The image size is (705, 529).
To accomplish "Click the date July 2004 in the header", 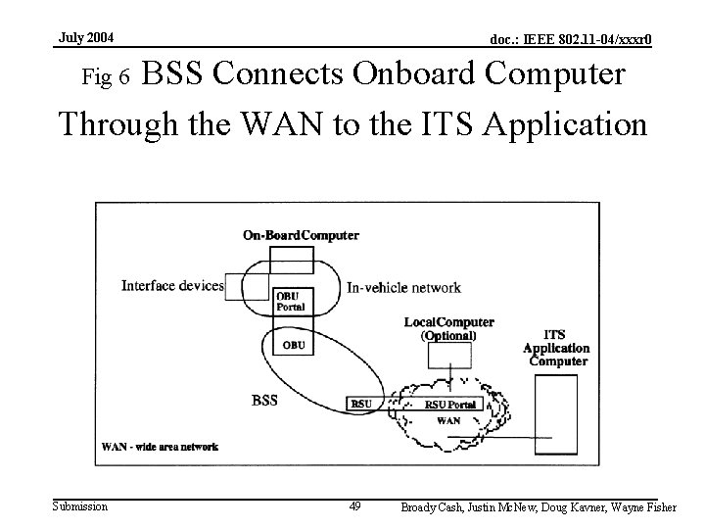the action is [x=86, y=37].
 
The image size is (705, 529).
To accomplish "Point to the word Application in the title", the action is [x=553, y=124].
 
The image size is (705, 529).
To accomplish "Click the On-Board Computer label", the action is [x=301, y=235].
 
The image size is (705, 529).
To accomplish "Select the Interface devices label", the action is [x=172, y=286].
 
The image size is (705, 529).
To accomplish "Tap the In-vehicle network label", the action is [x=403, y=288].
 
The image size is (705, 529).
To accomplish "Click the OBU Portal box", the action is [x=291, y=302].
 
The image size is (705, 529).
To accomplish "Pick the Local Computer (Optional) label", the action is [x=448, y=328].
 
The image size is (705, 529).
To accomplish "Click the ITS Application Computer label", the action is [x=556, y=349].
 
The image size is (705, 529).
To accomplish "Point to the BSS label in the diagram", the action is [x=264, y=400].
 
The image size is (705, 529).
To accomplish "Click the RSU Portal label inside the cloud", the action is [x=449, y=405].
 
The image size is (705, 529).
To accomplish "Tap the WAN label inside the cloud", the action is [x=447, y=420].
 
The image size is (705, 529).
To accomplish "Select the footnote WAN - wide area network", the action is [x=160, y=447].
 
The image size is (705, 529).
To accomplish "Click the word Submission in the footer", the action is [x=80, y=506].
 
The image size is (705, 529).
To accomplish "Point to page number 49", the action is [x=354, y=506].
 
